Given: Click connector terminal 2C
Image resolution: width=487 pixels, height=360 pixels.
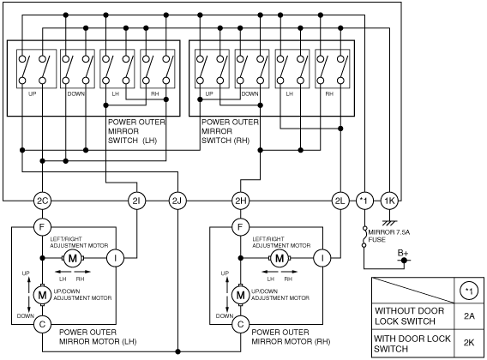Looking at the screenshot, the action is tap(42, 201).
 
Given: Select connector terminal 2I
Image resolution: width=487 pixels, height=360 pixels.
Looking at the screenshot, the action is tap(136, 201).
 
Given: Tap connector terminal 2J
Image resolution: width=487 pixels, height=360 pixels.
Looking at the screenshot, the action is tap(177, 201).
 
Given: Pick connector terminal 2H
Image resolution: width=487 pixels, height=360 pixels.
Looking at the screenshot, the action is tap(241, 201).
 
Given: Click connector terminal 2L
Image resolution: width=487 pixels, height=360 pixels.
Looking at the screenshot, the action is tap(340, 201).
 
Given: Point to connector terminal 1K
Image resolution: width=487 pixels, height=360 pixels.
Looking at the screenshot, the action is tap(389, 201).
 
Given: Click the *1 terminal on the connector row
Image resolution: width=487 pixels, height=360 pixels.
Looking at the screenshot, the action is tap(364, 201).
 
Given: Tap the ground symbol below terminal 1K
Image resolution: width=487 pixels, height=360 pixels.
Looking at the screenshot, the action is tap(389, 223).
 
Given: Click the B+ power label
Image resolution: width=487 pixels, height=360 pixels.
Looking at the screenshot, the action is tap(403, 253).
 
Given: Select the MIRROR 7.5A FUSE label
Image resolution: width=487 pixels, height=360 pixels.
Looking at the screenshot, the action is tap(389, 236).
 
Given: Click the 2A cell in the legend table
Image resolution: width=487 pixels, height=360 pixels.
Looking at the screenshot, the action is tap(469, 316).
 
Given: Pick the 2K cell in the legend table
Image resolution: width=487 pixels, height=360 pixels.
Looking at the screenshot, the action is tap(469, 343).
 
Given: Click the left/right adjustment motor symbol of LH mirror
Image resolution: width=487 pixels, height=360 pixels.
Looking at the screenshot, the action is tap(73, 258).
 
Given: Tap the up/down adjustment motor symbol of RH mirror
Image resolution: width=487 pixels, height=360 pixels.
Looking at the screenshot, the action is tap(240, 295).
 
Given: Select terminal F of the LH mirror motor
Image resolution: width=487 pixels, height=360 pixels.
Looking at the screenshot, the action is tap(42, 227).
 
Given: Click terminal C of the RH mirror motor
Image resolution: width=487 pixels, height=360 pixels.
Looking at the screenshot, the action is tap(241, 325).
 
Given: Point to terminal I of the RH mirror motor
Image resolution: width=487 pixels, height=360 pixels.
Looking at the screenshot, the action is tap(322, 258).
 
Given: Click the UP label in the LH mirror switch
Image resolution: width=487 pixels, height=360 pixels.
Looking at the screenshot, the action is tap(33, 93).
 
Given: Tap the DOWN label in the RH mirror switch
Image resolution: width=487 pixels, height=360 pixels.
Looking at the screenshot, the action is tap(250, 93).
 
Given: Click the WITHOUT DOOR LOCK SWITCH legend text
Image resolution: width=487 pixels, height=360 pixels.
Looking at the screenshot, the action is tap(409, 316).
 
